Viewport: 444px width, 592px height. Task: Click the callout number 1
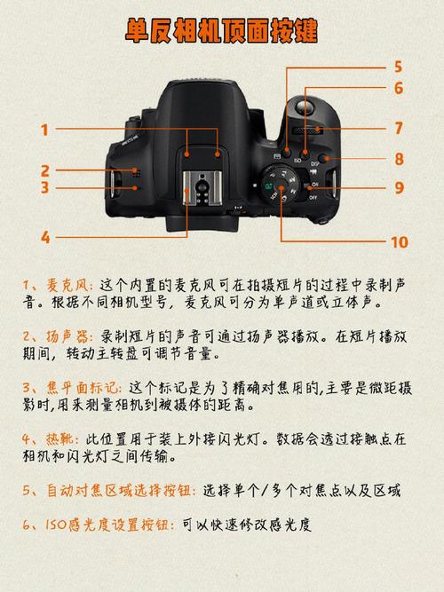point(44,130)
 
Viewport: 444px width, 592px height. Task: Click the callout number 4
point(44,237)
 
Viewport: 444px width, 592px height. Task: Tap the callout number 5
point(399,66)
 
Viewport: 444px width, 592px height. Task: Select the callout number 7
point(399,128)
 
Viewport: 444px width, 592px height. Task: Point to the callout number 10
point(399,241)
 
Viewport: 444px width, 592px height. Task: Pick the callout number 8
point(399,159)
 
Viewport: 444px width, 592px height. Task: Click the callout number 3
point(44,187)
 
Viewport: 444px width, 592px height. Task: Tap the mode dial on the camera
point(283,186)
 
